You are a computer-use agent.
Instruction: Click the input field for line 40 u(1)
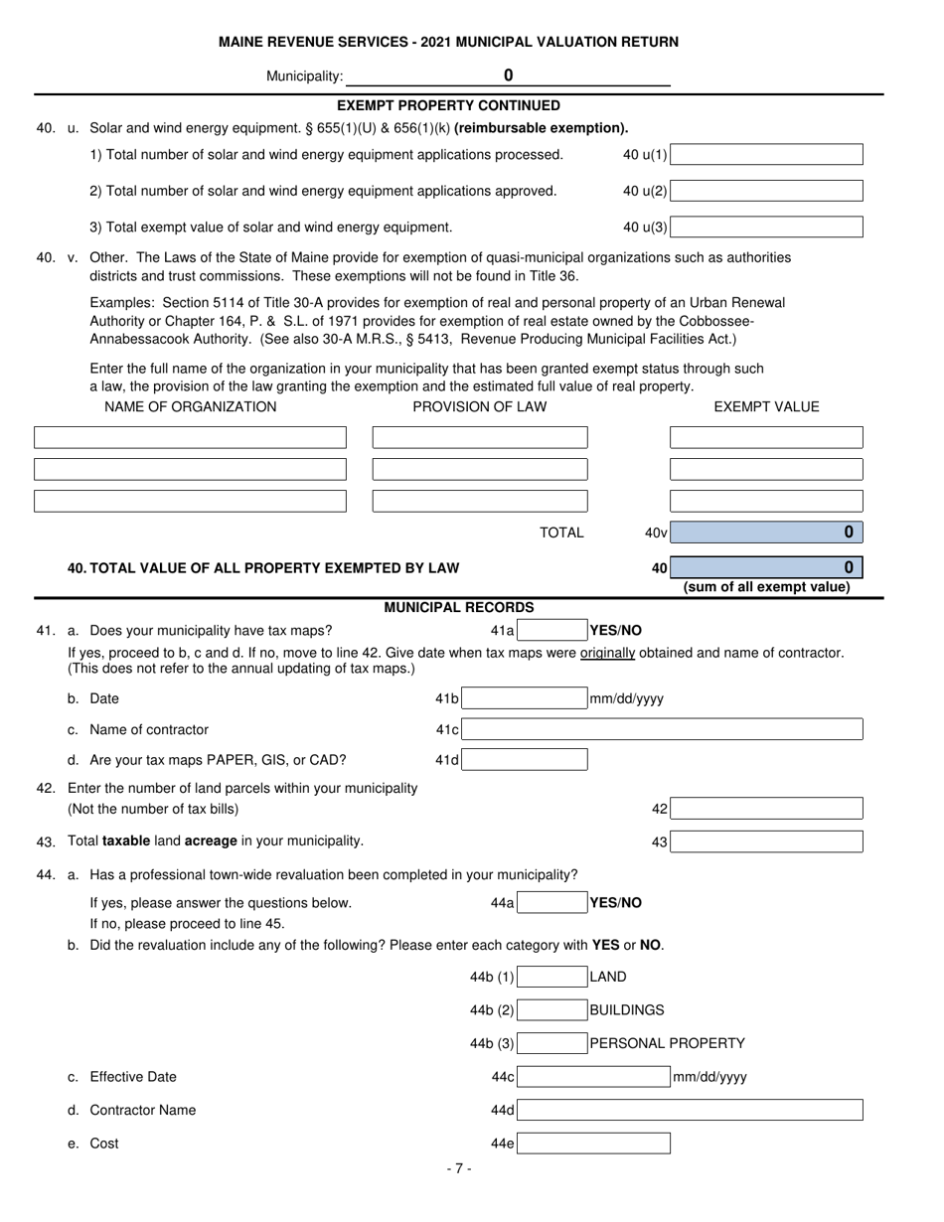pyautogui.click(x=766, y=155)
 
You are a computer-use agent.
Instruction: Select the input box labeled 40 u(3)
pyautogui.click(x=766, y=228)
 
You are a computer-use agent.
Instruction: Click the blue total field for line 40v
pyautogui.click(x=766, y=533)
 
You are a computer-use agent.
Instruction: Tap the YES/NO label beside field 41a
pyautogui.click(x=616, y=630)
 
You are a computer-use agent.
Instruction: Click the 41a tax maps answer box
pyautogui.click(x=552, y=630)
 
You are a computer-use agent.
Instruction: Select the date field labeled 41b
pyautogui.click(x=525, y=699)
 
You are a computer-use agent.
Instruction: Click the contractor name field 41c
pyautogui.click(x=662, y=730)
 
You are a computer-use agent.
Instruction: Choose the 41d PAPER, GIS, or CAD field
pyautogui.click(x=525, y=761)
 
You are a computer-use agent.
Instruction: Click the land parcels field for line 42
pyautogui.click(x=766, y=809)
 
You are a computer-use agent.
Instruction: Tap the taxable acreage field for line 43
pyautogui.click(x=766, y=842)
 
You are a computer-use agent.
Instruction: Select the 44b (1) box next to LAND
pyautogui.click(x=552, y=978)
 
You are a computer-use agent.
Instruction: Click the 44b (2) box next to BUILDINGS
pyautogui.click(x=552, y=1010)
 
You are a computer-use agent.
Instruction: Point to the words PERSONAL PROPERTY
pyautogui.click(x=668, y=1043)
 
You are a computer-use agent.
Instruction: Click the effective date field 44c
pyautogui.click(x=593, y=1077)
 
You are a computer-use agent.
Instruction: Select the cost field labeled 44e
pyautogui.click(x=593, y=1145)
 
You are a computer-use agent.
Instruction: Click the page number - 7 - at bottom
pyautogui.click(x=459, y=1169)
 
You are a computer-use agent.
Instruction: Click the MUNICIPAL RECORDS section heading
pyautogui.click(x=459, y=607)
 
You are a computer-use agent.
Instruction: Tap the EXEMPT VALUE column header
pyautogui.click(x=766, y=406)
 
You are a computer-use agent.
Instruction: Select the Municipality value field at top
pyautogui.click(x=508, y=76)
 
